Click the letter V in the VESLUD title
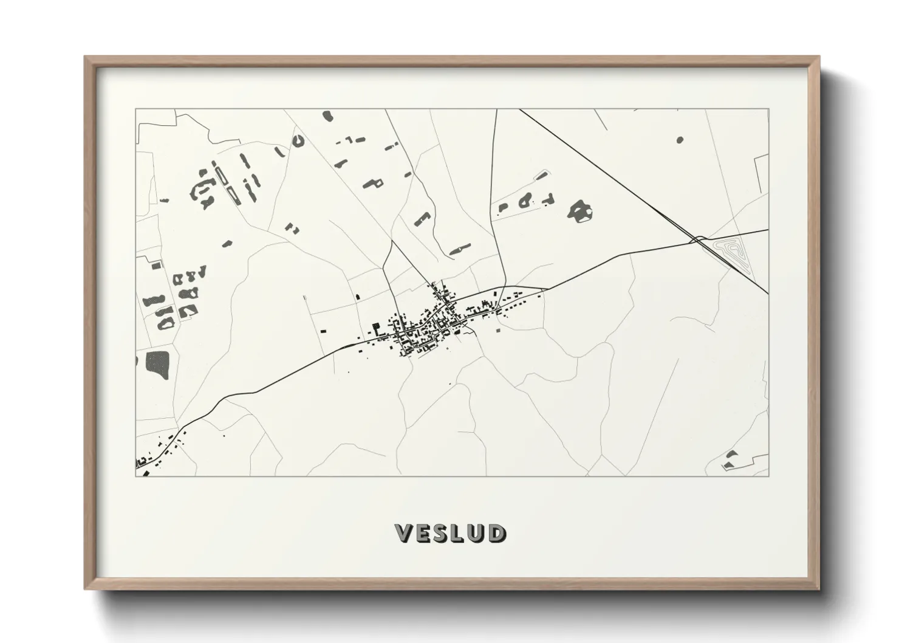coord(405,533)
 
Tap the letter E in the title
coord(423,533)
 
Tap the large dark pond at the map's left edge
coord(159,363)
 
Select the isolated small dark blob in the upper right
coord(679,140)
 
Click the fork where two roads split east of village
coord(504,287)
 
